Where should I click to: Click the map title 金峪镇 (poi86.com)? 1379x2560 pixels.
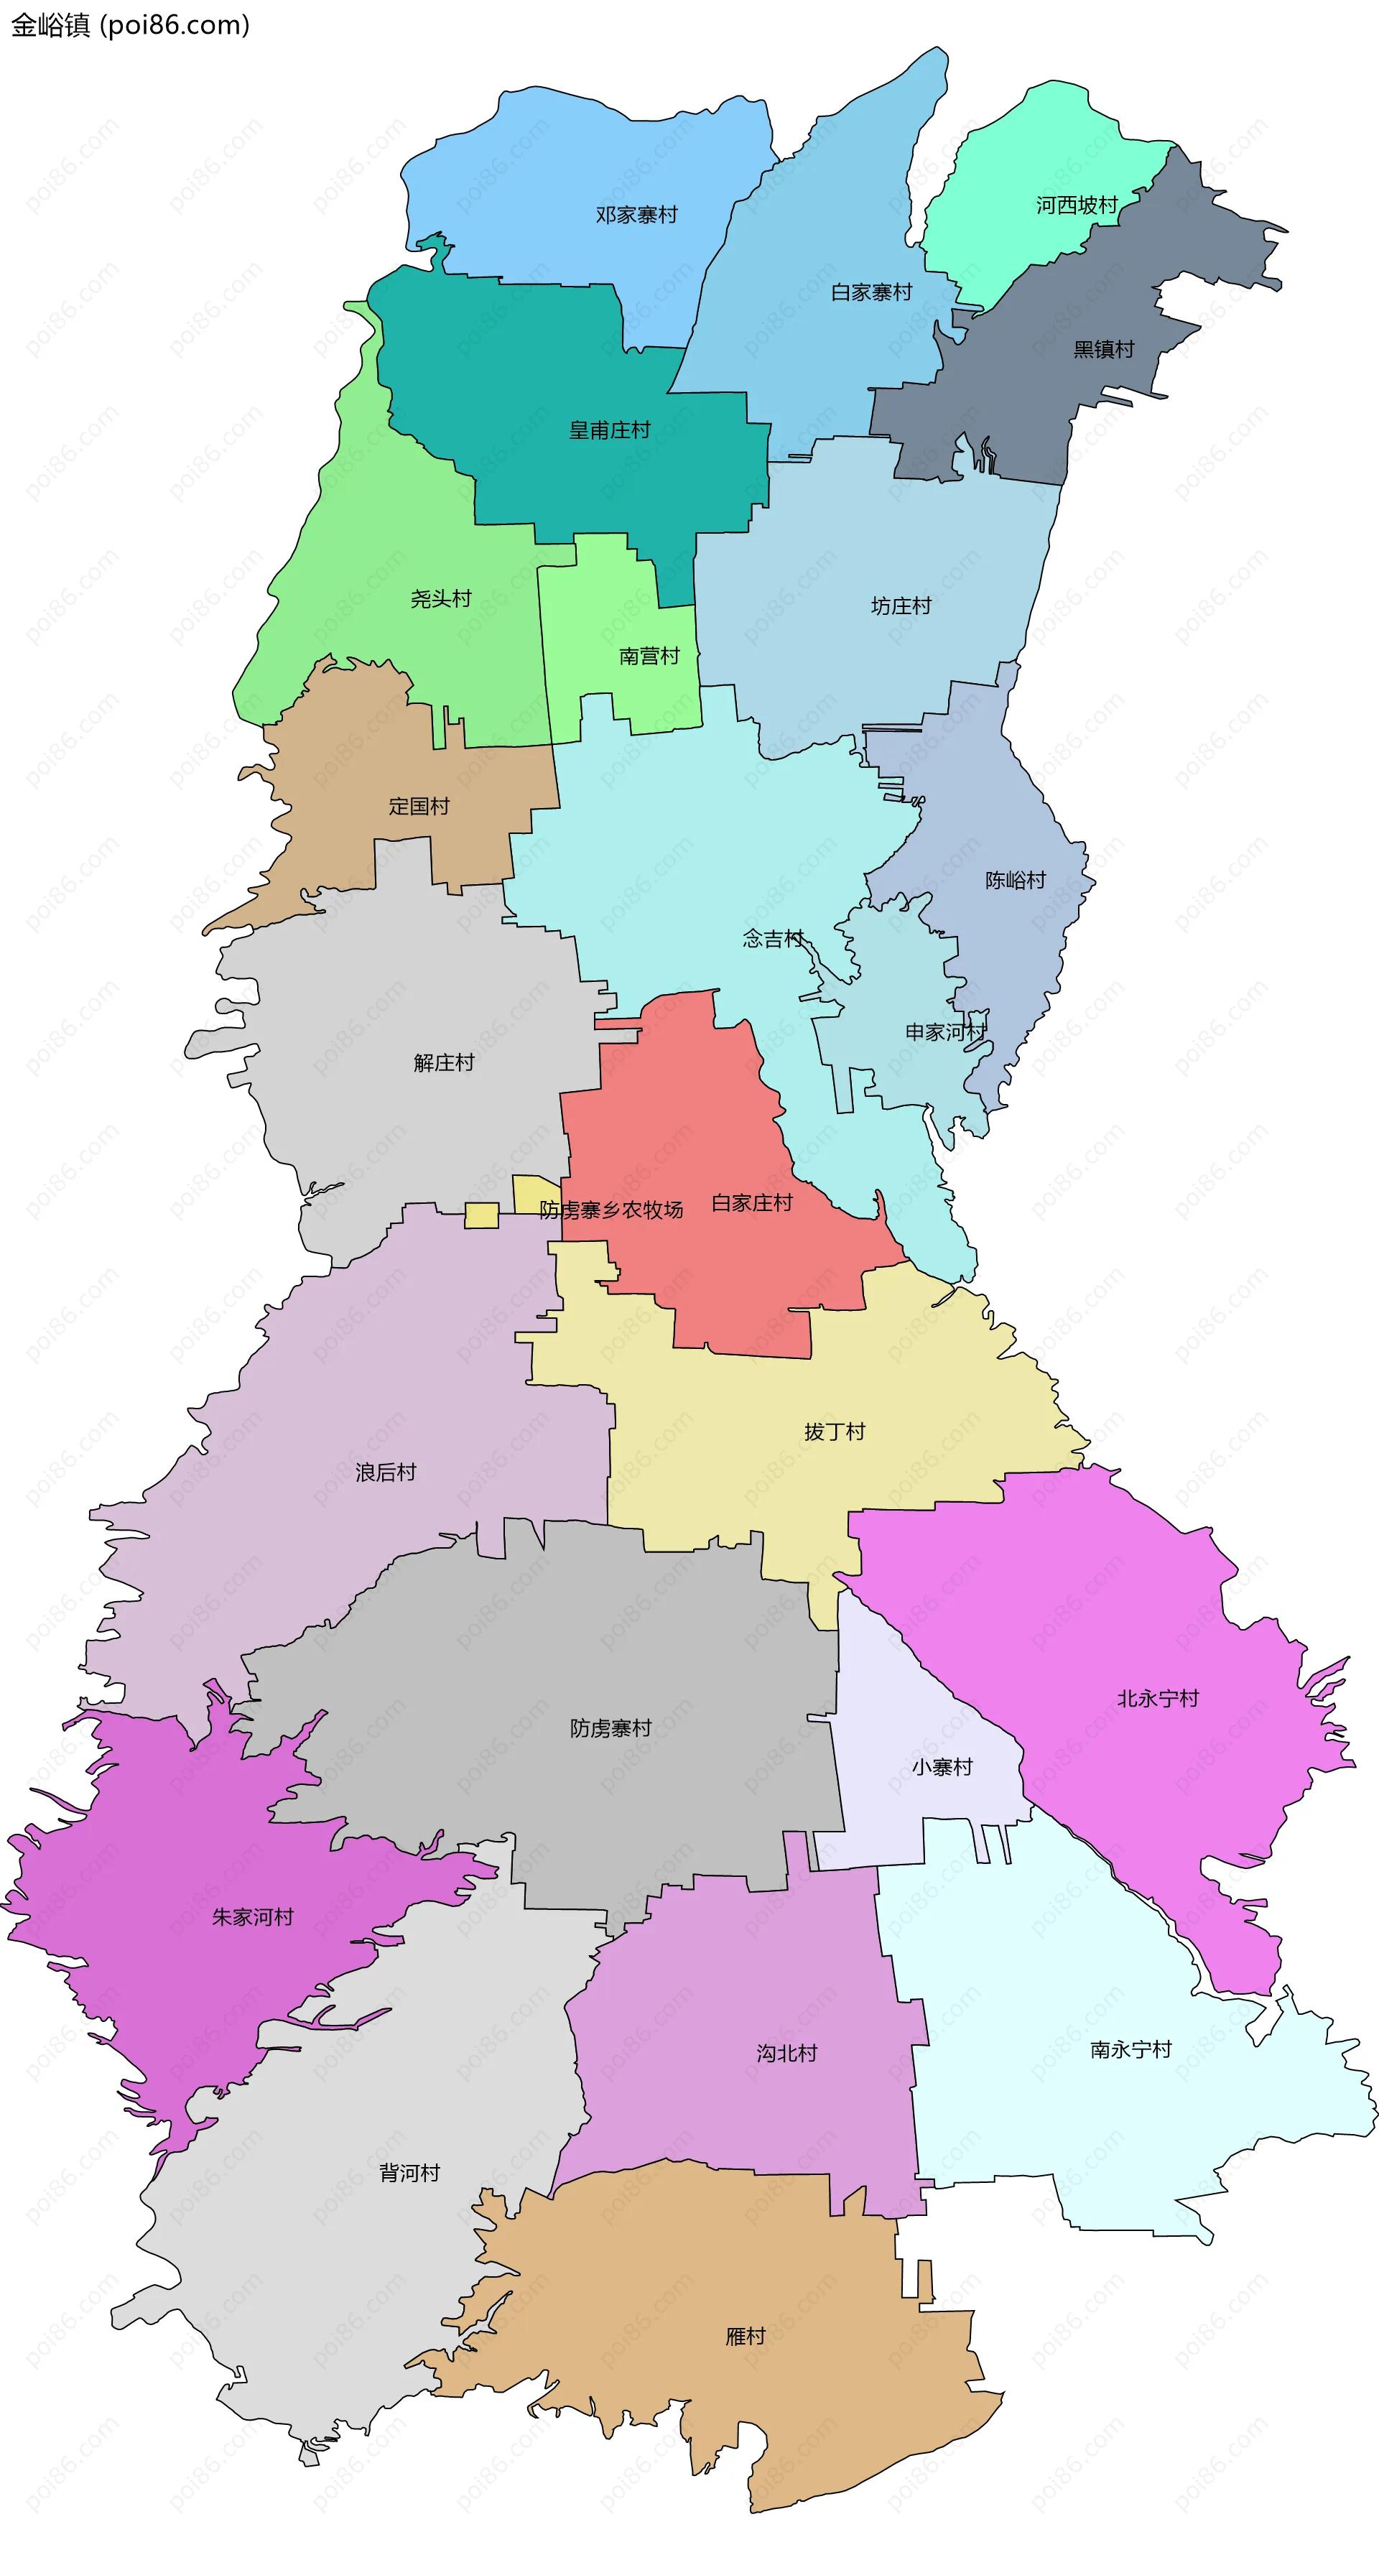tap(130, 25)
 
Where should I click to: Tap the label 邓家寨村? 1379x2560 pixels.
tap(636, 215)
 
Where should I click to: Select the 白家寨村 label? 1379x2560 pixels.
tap(870, 292)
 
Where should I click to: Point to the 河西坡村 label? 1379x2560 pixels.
tap(1076, 205)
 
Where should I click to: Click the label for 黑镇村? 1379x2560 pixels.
tap(1102, 349)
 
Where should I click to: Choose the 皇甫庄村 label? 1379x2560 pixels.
tap(609, 430)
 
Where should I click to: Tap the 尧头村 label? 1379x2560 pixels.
tap(440, 599)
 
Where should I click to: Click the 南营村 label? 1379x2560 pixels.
tap(649, 656)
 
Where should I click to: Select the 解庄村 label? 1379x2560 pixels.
tap(443, 1063)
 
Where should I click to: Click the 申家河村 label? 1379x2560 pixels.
tap(945, 1032)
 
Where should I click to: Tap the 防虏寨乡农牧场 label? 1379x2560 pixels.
tap(611, 1210)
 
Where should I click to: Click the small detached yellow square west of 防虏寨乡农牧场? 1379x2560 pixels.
tap(481, 1215)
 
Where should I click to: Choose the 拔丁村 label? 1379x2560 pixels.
tap(834, 1432)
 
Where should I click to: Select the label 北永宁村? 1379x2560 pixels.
tap(1158, 1698)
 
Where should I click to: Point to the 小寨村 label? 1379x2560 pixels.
tap(941, 1767)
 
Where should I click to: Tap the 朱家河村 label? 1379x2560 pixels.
tap(252, 1917)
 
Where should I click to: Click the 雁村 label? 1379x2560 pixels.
tap(745, 2335)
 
